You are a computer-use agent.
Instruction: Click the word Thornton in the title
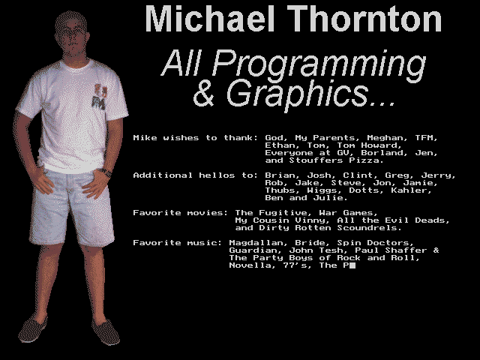[364, 19]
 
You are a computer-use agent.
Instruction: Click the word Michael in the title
[210, 19]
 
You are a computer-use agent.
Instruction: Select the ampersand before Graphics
[203, 93]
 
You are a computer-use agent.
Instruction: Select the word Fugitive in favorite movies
[286, 213]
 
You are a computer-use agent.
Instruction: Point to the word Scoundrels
[369, 228]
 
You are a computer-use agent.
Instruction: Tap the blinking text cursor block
[352, 265]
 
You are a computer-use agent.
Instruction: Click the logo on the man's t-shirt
[99, 97]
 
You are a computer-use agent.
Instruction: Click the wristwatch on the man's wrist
[106, 172]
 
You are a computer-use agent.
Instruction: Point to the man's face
[71, 38]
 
